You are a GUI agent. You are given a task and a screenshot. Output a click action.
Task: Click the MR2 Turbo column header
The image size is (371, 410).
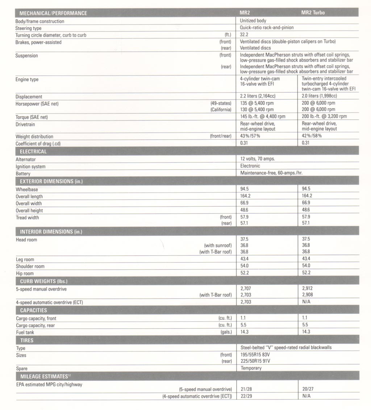click(x=313, y=13)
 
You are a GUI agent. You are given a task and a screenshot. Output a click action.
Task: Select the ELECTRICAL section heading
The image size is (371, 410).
click(x=33, y=152)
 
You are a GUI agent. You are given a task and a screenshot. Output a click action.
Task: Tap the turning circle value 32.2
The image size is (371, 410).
click(x=244, y=35)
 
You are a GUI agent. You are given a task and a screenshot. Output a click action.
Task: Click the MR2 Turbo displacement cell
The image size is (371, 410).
click(x=319, y=96)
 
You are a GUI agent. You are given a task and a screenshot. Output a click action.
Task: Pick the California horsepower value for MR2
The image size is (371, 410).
click(x=257, y=109)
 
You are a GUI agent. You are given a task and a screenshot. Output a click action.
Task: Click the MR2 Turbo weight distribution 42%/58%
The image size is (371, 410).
click(x=312, y=136)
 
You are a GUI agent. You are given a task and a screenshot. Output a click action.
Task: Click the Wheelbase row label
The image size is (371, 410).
click(x=27, y=189)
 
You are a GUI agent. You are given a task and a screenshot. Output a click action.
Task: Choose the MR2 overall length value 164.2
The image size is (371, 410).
click(x=246, y=196)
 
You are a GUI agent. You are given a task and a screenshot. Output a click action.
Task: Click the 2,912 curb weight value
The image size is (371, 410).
click(x=307, y=289)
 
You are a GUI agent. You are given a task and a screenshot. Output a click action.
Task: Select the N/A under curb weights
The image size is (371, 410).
click(x=306, y=302)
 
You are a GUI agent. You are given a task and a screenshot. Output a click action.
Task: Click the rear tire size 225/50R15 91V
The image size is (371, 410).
click(x=255, y=361)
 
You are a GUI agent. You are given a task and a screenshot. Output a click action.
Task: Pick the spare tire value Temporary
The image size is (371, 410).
click(x=251, y=368)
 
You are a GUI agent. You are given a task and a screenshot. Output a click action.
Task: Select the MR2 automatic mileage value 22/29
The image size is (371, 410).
click(x=246, y=396)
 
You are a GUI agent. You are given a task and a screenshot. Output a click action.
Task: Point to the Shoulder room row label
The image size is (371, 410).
click(x=30, y=266)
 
